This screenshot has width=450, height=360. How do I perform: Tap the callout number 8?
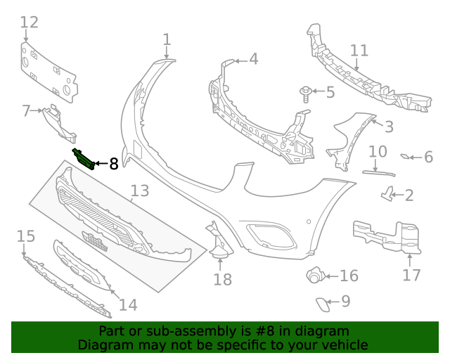point(114,165)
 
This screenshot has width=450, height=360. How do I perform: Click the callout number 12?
point(29,22)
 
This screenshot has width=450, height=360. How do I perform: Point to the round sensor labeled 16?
point(314,276)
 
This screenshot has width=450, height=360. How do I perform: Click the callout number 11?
point(359,51)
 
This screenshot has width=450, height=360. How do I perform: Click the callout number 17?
point(411,274)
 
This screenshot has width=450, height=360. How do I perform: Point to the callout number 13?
point(140,191)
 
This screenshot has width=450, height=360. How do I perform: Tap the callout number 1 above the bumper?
point(167,39)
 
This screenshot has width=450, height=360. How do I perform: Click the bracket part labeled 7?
point(55,117)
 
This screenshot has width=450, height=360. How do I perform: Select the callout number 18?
point(222,280)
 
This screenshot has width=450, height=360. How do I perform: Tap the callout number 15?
point(26,236)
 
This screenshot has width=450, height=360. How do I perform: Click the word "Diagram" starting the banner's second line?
point(105,345)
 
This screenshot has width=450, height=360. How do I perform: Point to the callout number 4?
point(253,59)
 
